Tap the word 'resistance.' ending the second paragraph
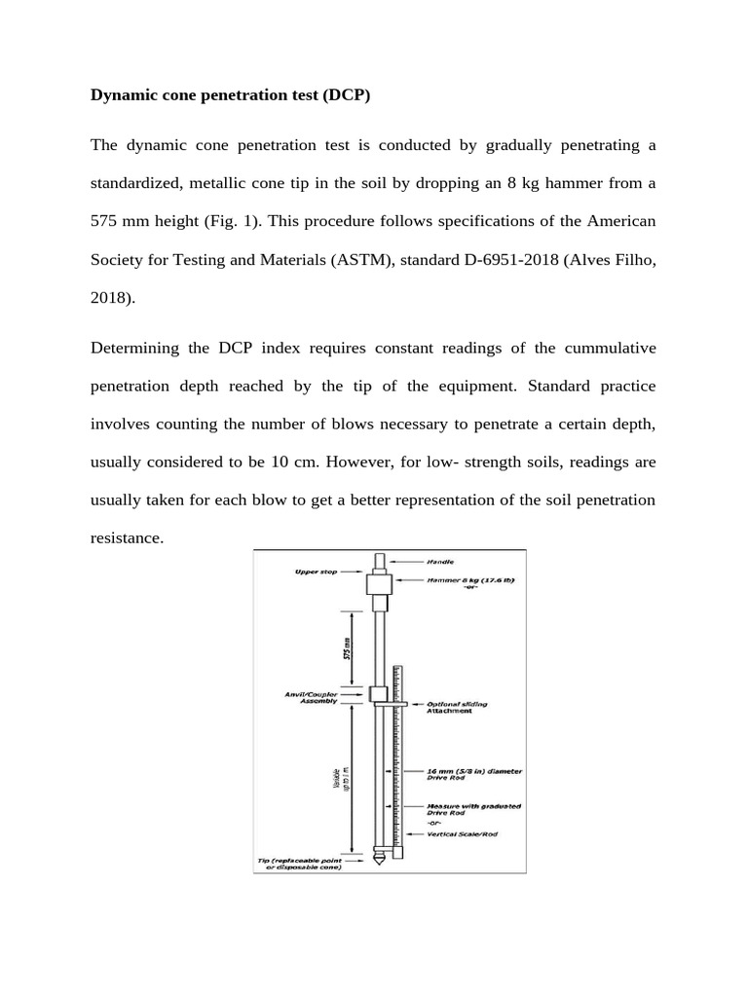(127, 537)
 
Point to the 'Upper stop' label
(316, 572)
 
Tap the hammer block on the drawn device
(379, 584)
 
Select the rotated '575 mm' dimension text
(348, 647)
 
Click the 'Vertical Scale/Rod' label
(463, 834)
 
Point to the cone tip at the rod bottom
(378, 861)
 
